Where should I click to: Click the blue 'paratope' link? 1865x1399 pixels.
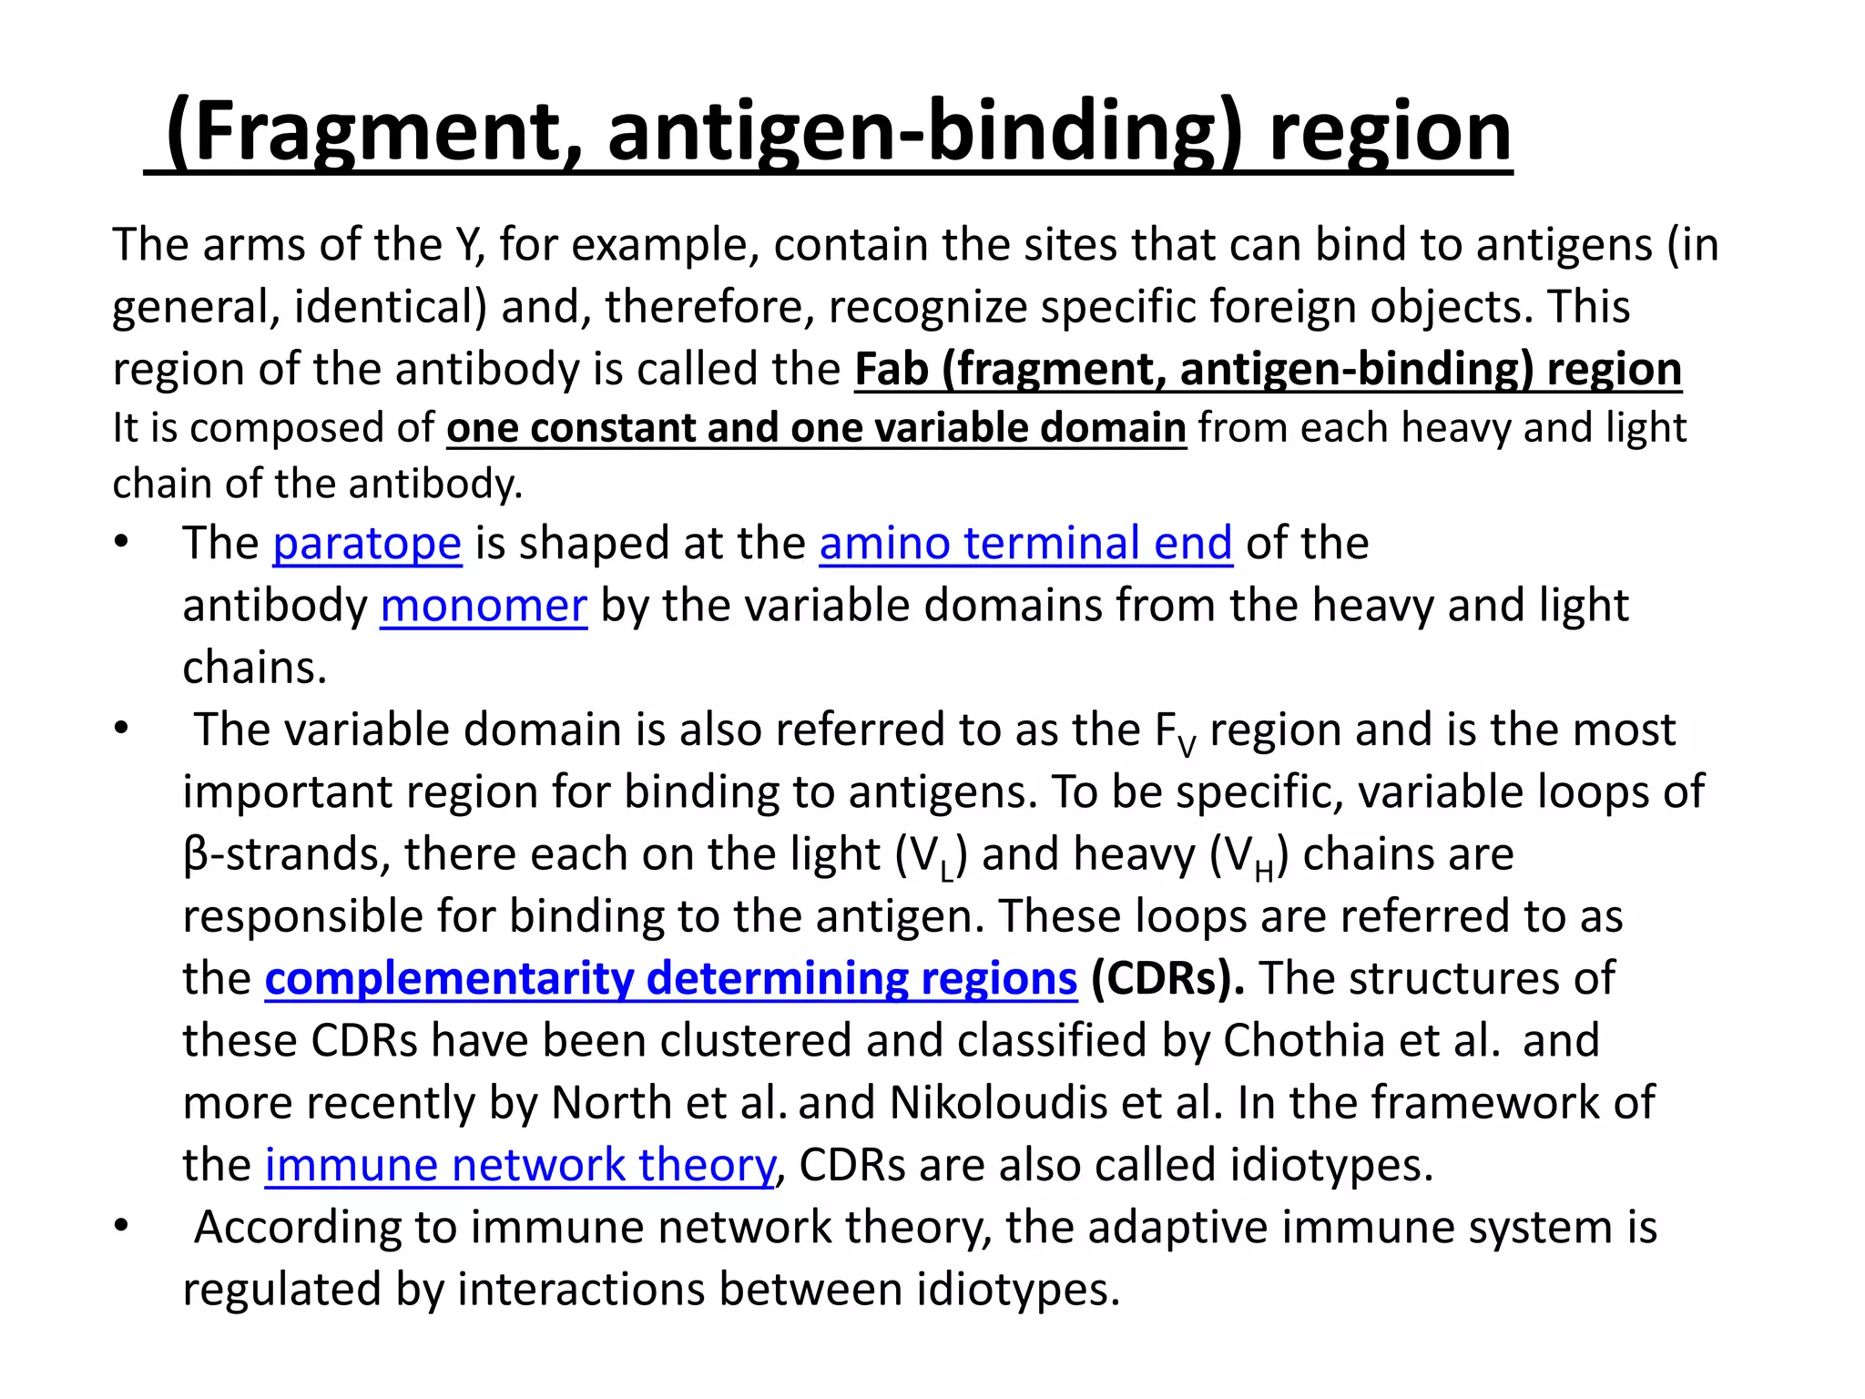[x=367, y=544]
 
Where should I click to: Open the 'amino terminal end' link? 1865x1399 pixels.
[x=1025, y=544]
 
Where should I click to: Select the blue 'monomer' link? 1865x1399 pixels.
[x=484, y=607]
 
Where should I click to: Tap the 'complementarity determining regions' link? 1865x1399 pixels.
[x=671, y=979]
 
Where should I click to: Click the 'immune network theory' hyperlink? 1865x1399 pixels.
[x=520, y=1166]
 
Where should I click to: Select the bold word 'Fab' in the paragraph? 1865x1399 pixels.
[x=891, y=370]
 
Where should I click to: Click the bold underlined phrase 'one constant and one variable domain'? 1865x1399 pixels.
[x=816, y=428]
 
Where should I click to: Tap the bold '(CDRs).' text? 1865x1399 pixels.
[x=1168, y=979]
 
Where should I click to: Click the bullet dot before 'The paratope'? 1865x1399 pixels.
[x=122, y=543]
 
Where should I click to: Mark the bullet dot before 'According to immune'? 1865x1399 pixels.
[x=122, y=1227]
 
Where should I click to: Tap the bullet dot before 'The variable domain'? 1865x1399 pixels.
[x=122, y=730]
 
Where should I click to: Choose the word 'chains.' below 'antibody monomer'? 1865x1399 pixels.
[x=254, y=669]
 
